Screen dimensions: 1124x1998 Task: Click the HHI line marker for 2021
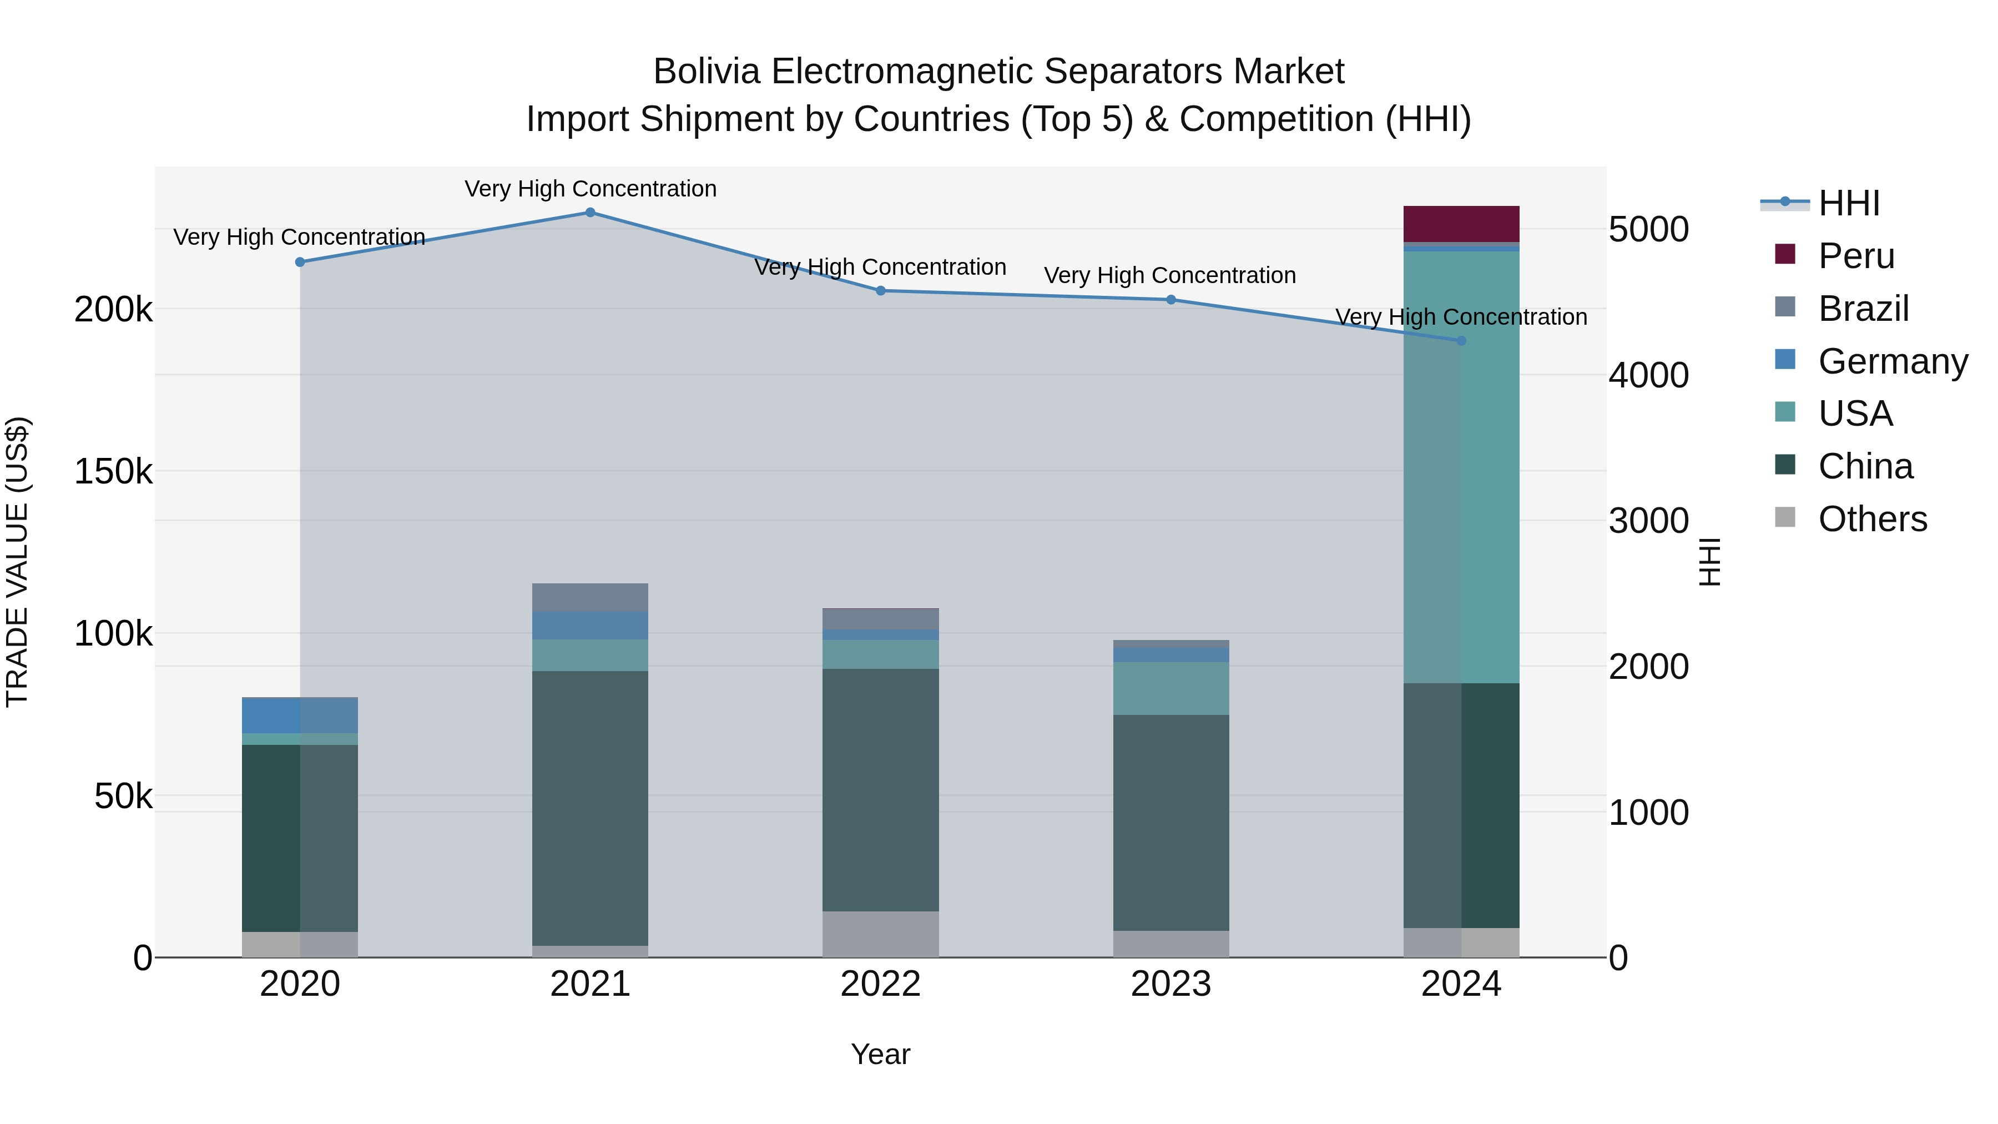pyautogui.click(x=591, y=213)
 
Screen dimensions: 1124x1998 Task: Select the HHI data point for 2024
pyautogui.click(x=1461, y=341)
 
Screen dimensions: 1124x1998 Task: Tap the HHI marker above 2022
pyautogui.click(x=880, y=291)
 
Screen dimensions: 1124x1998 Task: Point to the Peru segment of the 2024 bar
pyautogui.click(x=1461, y=224)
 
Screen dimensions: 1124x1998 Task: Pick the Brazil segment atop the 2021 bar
pyautogui.click(x=591, y=597)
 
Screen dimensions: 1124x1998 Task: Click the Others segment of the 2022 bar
pyautogui.click(x=880, y=934)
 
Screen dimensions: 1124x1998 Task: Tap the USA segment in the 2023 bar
pyautogui.click(x=1171, y=688)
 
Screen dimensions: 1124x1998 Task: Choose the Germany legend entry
pyautogui.click(x=1892, y=361)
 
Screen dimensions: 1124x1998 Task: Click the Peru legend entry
pyautogui.click(x=1856, y=256)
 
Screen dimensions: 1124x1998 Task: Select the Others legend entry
pyautogui.click(x=1871, y=519)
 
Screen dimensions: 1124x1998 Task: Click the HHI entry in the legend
pyautogui.click(x=1848, y=203)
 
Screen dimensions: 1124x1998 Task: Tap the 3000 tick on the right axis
pyautogui.click(x=1648, y=521)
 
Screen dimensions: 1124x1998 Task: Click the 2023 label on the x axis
pyautogui.click(x=1171, y=984)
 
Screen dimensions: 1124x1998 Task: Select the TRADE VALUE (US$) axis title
pyautogui.click(x=17, y=562)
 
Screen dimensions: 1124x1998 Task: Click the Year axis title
pyautogui.click(x=880, y=1054)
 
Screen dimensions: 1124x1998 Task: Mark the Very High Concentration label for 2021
pyautogui.click(x=591, y=189)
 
